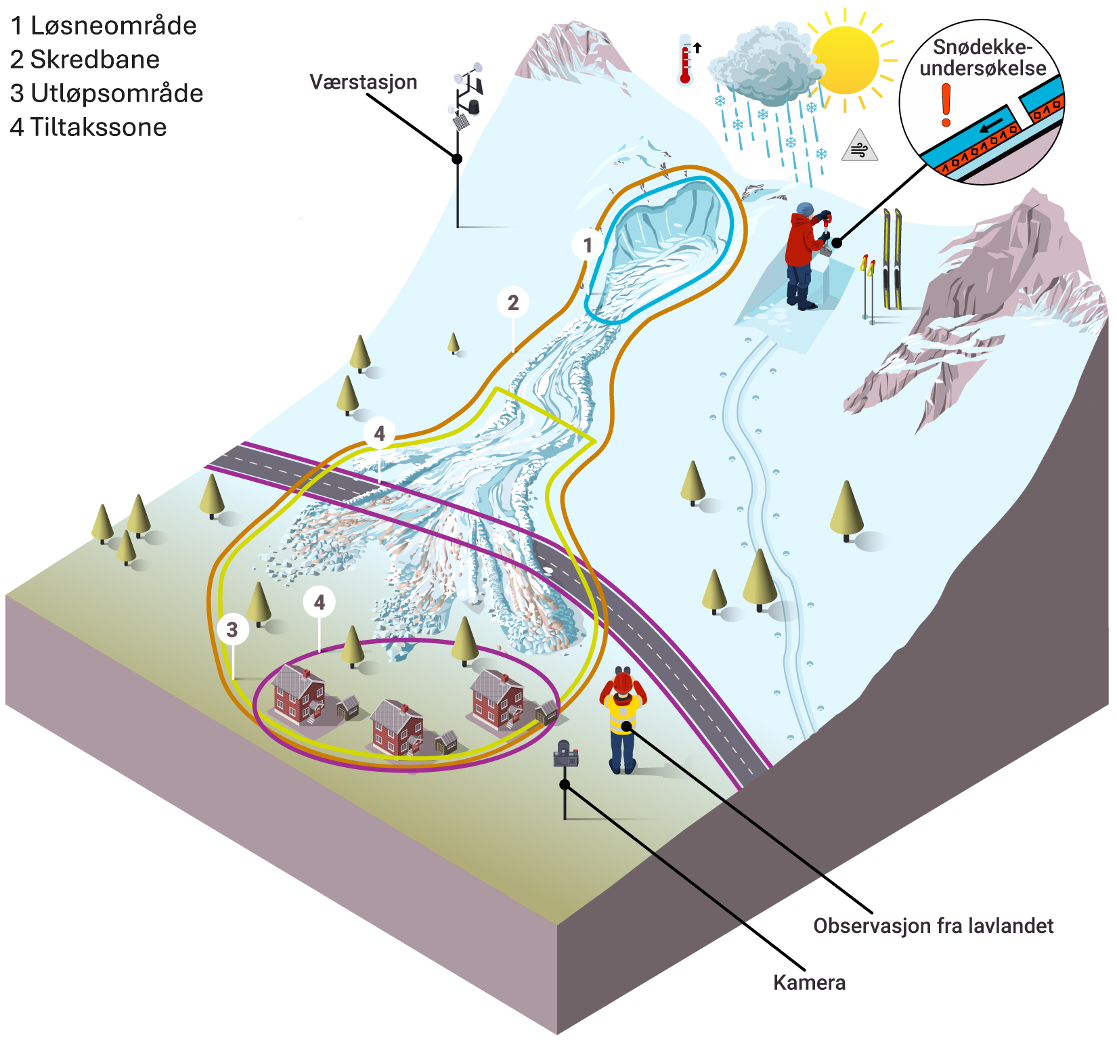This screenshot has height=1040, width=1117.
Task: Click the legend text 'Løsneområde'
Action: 114,26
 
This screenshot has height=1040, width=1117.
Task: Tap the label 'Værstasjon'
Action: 364,82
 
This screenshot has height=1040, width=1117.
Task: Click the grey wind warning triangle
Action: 860,146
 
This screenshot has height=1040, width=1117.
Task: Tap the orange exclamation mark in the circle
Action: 946,106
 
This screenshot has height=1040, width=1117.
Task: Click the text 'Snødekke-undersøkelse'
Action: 983,58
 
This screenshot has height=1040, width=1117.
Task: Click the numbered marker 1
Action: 588,244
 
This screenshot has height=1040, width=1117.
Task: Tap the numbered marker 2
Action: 513,303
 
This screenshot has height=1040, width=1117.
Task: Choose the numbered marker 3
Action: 232,629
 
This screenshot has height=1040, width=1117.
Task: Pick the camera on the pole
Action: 566,754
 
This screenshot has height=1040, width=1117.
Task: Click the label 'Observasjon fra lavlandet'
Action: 934,926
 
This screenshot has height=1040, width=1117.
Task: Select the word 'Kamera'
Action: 810,982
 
